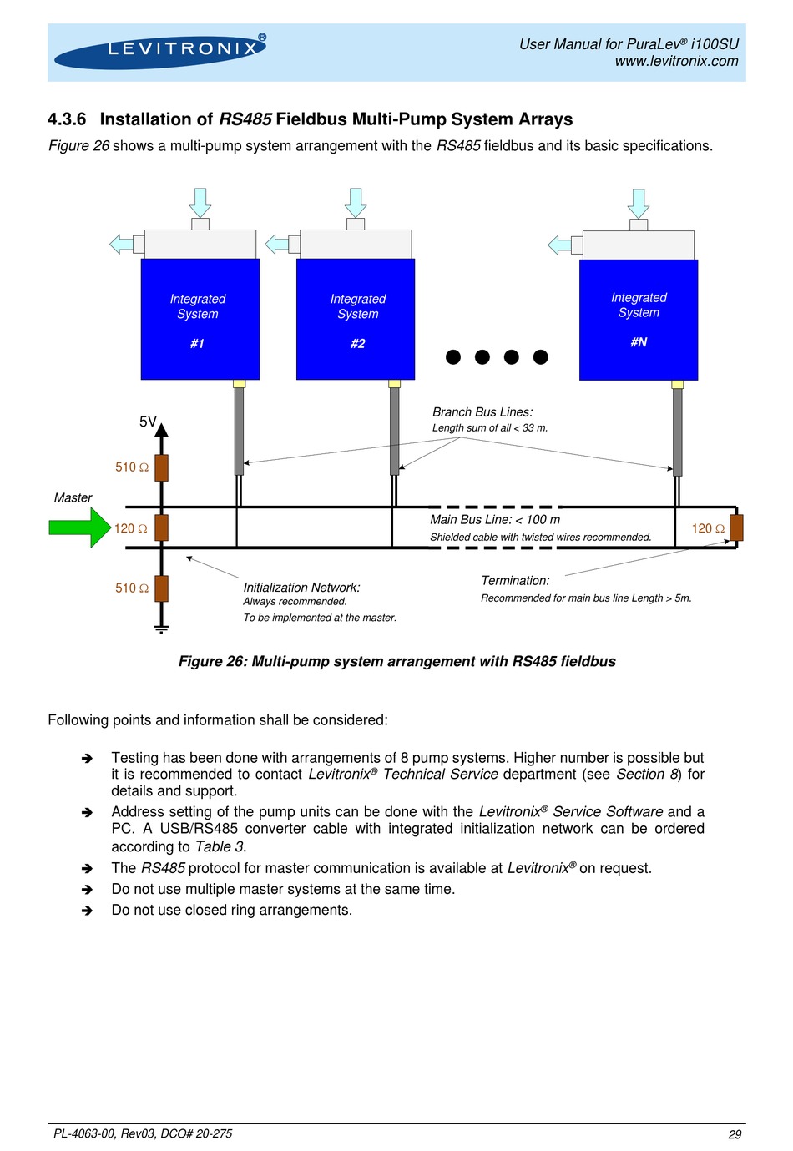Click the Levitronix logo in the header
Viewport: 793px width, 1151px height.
(159, 52)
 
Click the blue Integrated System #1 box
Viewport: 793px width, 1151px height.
(200, 319)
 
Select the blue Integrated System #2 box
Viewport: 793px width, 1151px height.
(355, 319)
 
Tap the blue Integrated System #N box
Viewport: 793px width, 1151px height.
(639, 320)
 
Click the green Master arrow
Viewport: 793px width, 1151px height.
(79, 528)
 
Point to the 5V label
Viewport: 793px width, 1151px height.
(148, 422)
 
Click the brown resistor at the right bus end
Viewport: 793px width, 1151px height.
(736, 528)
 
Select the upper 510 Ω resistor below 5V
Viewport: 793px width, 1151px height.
(161, 467)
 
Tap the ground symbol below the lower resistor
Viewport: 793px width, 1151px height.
(161, 628)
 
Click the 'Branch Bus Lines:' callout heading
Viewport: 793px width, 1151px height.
(482, 412)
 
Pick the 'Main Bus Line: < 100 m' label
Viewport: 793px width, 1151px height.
(495, 519)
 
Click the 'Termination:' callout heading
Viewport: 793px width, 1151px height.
(515, 581)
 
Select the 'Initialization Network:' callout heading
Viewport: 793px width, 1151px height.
(301, 588)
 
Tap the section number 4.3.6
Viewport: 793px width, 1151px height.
(67, 119)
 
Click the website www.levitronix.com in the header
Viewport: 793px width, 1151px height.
(676, 61)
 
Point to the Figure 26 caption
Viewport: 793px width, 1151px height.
(396, 661)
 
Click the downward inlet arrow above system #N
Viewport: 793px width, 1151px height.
(639, 204)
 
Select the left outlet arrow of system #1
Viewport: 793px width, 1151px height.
(122, 244)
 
